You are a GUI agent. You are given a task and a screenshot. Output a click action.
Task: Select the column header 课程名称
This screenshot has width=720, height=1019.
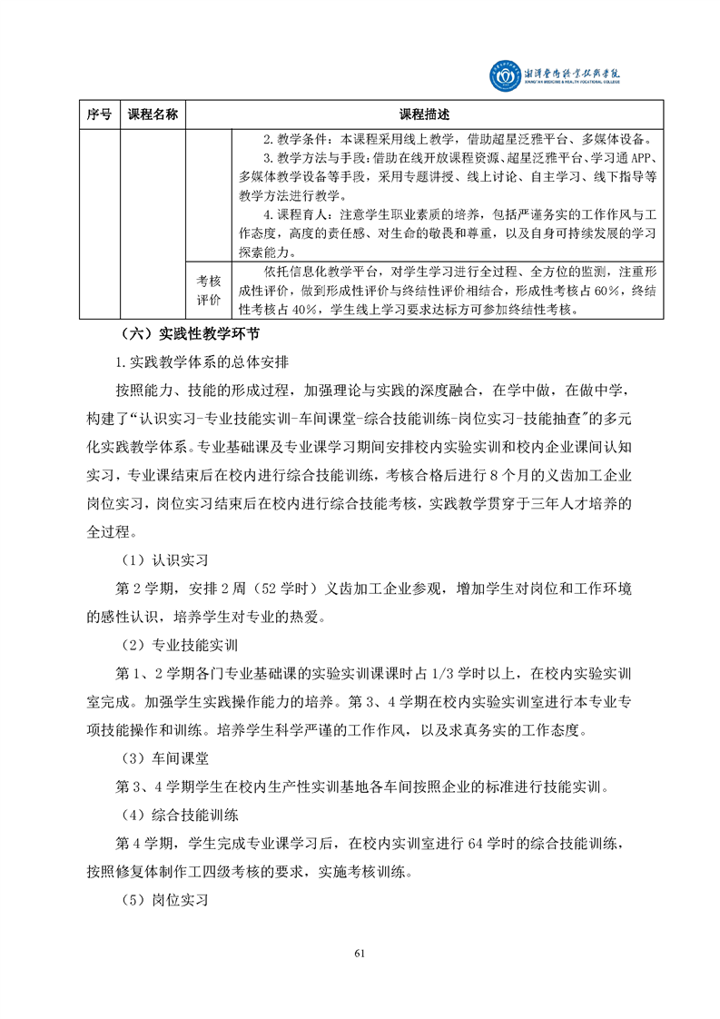153,114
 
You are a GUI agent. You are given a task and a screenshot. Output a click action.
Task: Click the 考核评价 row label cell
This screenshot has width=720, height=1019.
209,290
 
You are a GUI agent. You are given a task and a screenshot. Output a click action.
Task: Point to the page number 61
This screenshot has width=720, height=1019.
360,953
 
